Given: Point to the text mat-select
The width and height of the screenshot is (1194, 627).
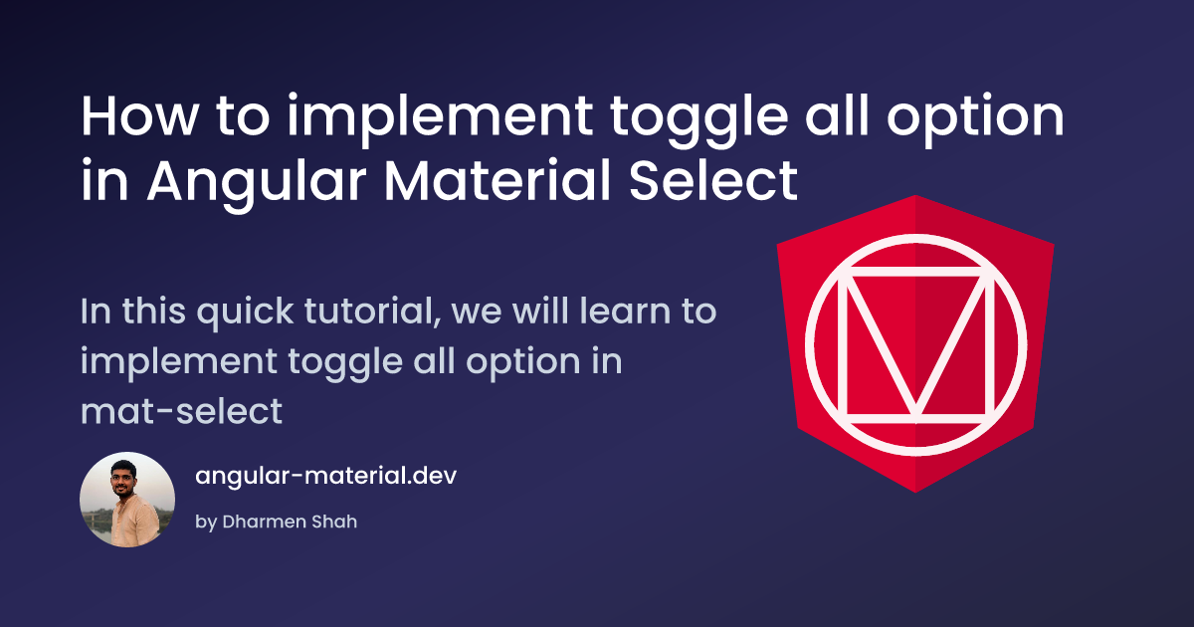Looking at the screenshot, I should [181, 411].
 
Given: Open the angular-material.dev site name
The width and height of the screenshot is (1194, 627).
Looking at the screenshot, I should [325, 476].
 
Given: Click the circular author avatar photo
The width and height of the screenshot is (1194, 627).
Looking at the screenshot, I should [127, 500].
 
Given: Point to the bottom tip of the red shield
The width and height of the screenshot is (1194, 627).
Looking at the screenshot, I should [914, 491].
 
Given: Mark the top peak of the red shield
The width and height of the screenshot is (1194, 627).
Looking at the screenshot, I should [914, 196].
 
